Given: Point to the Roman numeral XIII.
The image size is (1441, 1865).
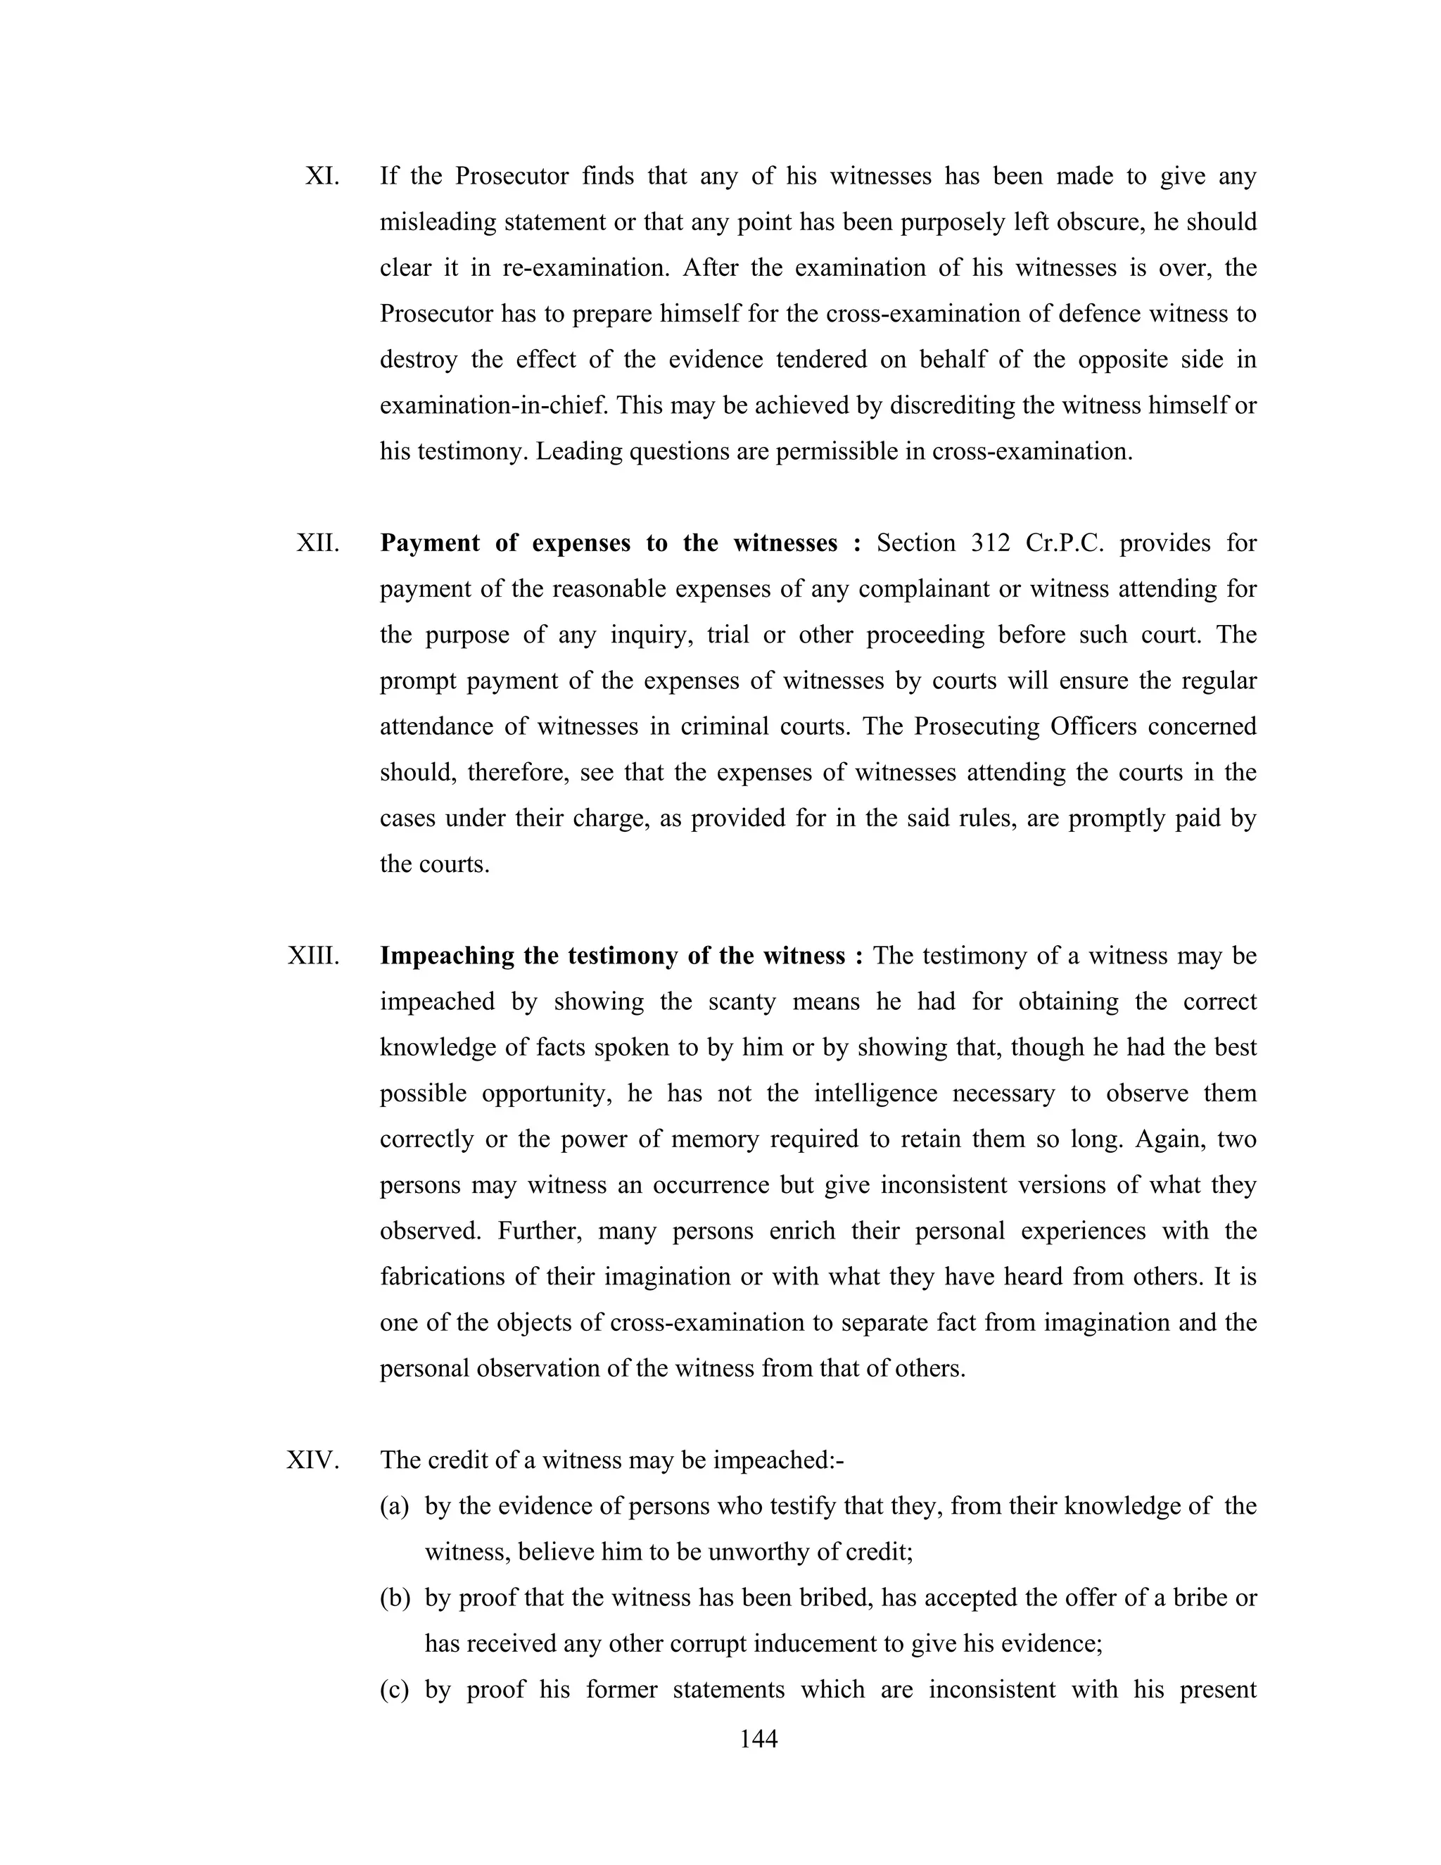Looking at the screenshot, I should coord(313,956).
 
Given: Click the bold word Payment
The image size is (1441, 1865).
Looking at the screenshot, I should coord(429,543).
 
